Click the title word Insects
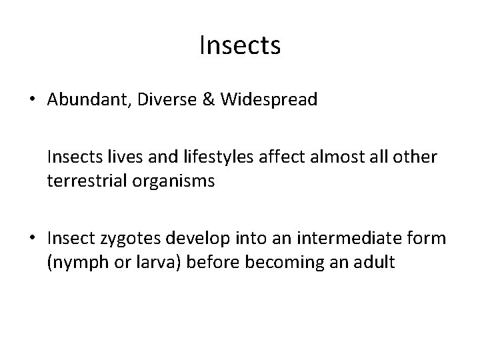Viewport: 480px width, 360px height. tap(240, 46)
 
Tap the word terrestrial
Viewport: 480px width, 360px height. tap(81, 181)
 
